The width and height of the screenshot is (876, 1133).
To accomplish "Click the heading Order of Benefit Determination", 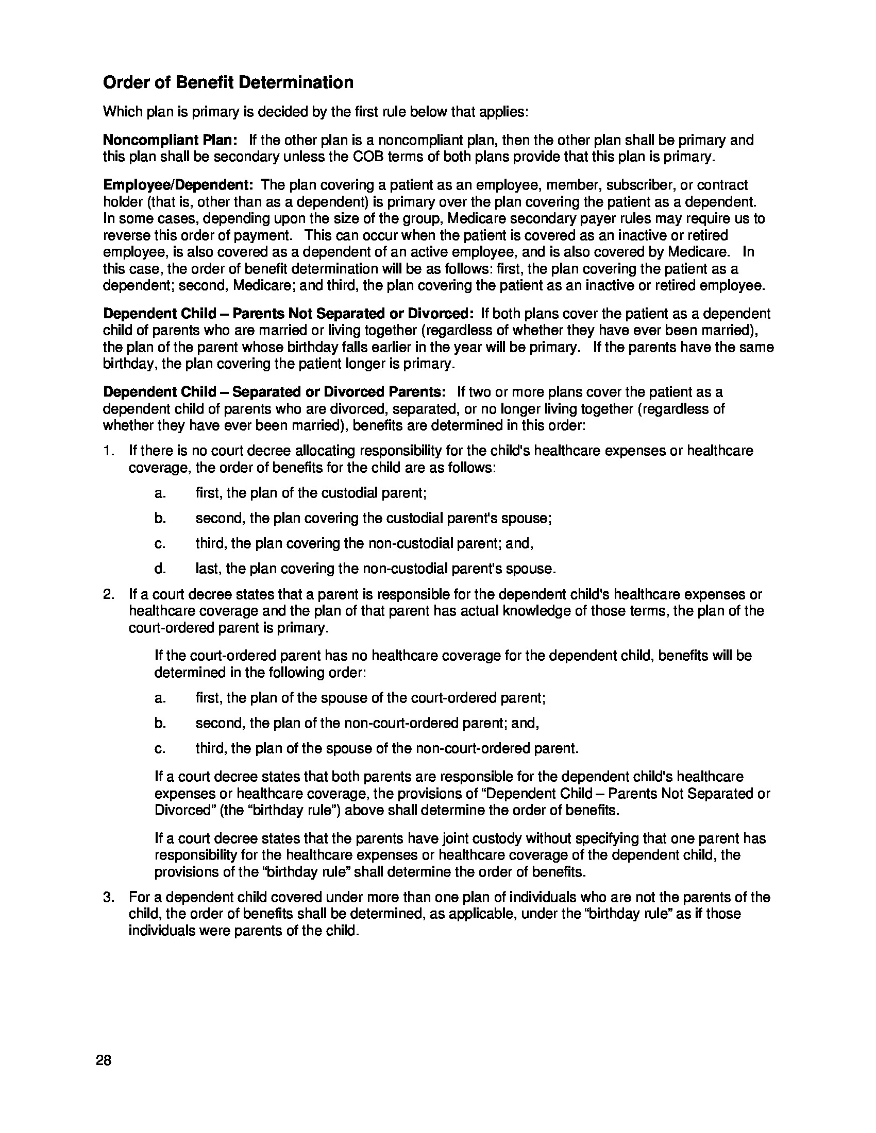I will (228, 82).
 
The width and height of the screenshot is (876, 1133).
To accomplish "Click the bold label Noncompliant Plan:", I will (170, 140).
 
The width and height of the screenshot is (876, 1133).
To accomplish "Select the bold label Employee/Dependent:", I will (178, 185).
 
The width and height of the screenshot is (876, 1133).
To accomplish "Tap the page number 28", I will (104, 1060).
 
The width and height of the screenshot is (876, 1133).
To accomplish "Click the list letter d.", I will (160, 569).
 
